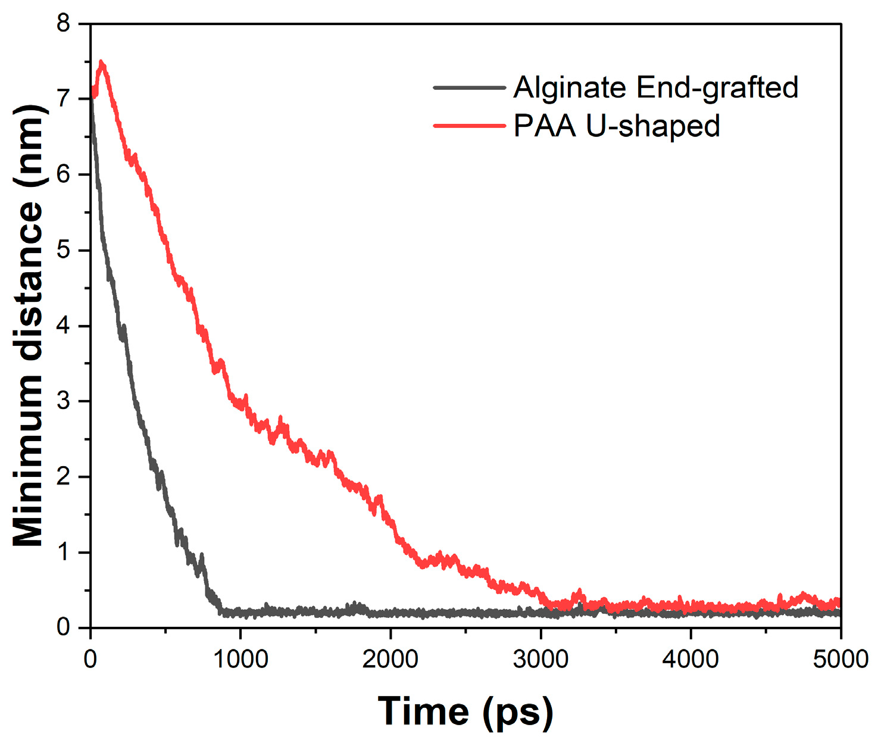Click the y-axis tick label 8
click(x=63, y=24)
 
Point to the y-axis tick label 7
click(x=63, y=99)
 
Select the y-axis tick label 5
click(x=63, y=250)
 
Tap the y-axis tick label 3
click(x=63, y=401)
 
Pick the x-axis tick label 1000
click(x=240, y=660)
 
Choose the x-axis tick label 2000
click(x=390, y=660)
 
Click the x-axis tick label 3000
click(x=541, y=660)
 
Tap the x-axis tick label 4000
click(x=691, y=660)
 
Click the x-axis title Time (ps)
click(x=466, y=711)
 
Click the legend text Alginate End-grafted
click(x=655, y=88)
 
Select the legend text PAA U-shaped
click(x=617, y=126)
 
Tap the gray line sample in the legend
click(x=469, y=88)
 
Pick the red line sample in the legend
click(x=469, y=126)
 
